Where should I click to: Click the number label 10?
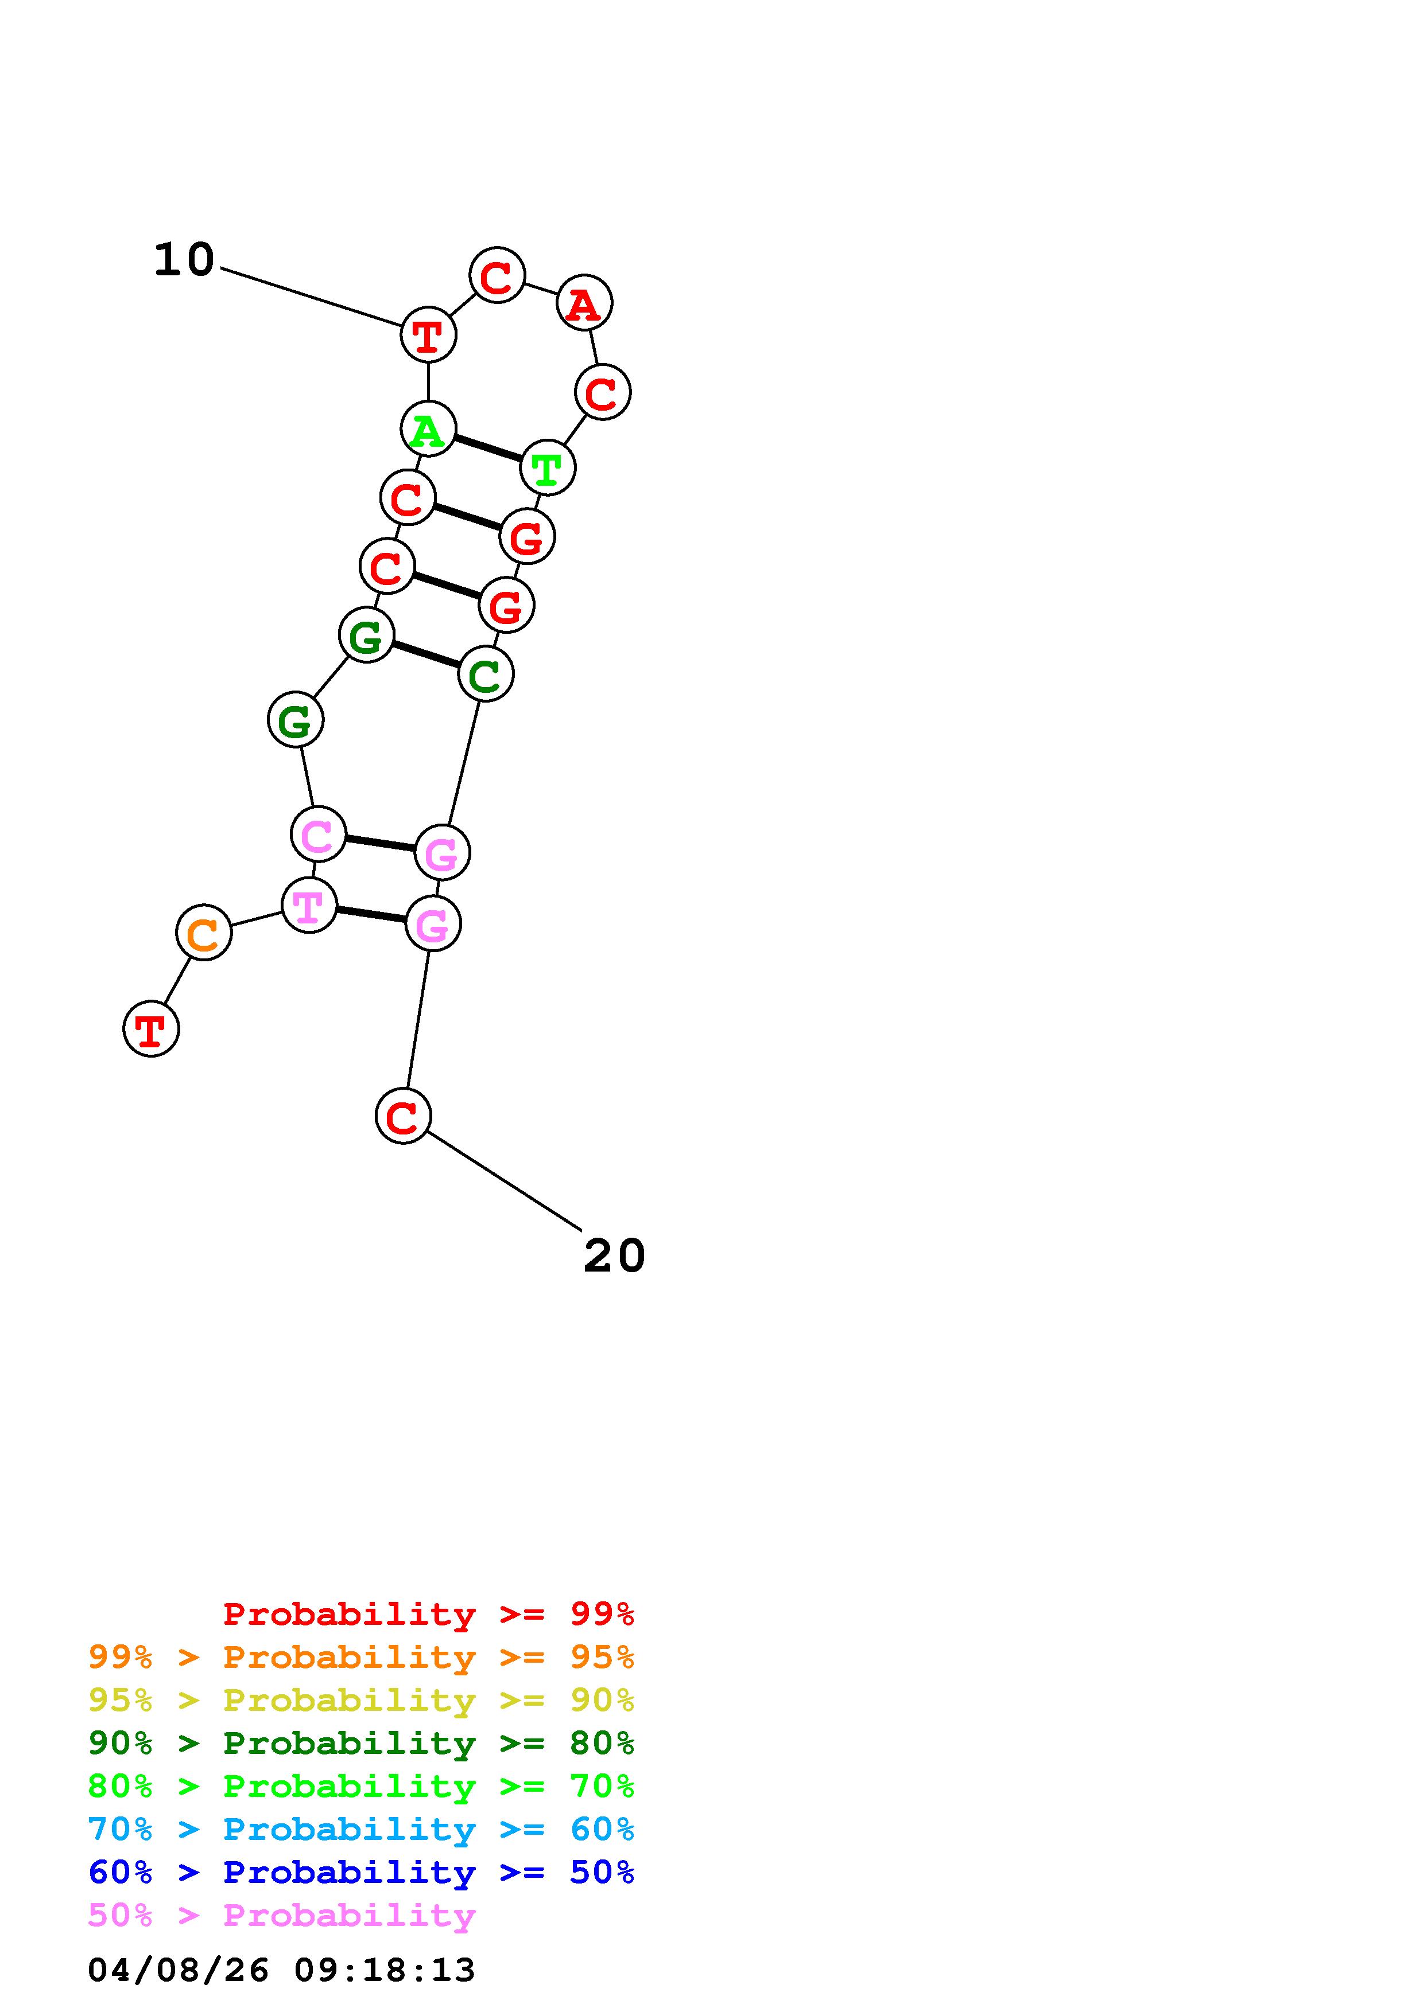pyautogui.click(x=184, y=260)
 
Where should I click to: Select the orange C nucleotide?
pyautogui.click(x=203, y=933)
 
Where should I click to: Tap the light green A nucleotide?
pyautogui.click(x=428, y=430)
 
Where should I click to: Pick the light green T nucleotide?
pyautogui.click(x=547, y=468)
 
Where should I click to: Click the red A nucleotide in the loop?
pyautogui.click(x=584, y=303)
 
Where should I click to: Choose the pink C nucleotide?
pyautogui.click(x=317, y=835)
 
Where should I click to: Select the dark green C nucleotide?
pyautogui.click(x=485, y=674)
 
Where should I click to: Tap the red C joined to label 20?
pyautogui.click(x=402, y=1117)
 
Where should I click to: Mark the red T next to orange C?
pyautogui.click(x=151, y=1029)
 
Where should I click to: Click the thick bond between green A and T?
pyautogui.click(x=487, y=448)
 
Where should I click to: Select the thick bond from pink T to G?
pyautogui.click(x=371, y=915)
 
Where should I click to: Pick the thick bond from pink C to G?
pyautogui.click(x=379, y=843)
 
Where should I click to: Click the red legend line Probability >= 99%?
pyautogui.click(x=428, y=1613)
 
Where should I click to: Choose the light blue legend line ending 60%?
pyautogui.click(x=360, y=1829)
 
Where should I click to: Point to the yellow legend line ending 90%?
pyautogui.click(x=360, y=1700)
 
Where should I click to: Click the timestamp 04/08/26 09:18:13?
pyautogui.click(x=281, y=1970)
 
